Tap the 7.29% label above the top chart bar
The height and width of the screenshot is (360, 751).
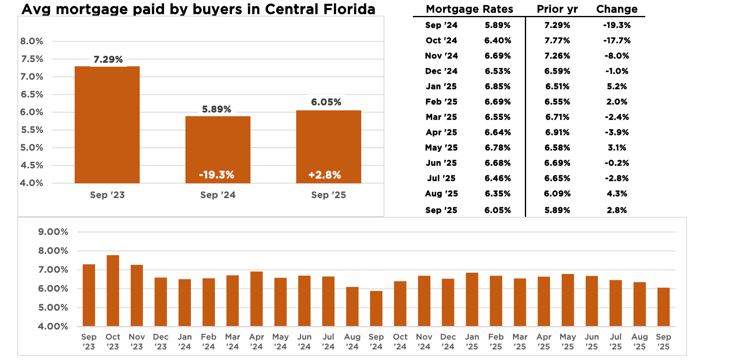tap(108, 60)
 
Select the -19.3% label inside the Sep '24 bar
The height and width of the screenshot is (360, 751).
tap(216, 175)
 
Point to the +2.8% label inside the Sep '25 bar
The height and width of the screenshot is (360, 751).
tap(325, 175)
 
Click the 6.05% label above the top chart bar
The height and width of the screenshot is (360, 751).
tap(326, 102)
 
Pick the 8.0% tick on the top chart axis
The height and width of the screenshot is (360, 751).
tap(32, 41)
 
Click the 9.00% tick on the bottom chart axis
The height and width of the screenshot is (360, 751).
tap(53, 232)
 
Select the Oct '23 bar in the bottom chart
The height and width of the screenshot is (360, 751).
tap(113, 290)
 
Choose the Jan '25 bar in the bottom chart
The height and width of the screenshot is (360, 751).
tap(472, 299)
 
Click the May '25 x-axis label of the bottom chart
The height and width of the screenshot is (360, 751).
tap(568, 342)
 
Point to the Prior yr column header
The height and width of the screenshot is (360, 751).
tap(557, 9)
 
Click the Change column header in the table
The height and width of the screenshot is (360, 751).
tap(617, 9)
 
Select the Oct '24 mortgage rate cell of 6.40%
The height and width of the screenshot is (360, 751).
tap(498, 40)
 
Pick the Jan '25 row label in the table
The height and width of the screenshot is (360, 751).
tap(441, 86)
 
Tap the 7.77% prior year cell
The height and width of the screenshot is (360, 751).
tap(557, 40)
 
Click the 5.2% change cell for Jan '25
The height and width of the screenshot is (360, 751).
tap(617, 86)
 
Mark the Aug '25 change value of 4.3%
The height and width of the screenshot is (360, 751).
tap(617, 194)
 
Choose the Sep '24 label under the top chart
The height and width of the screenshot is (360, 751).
tap(218, 195)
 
